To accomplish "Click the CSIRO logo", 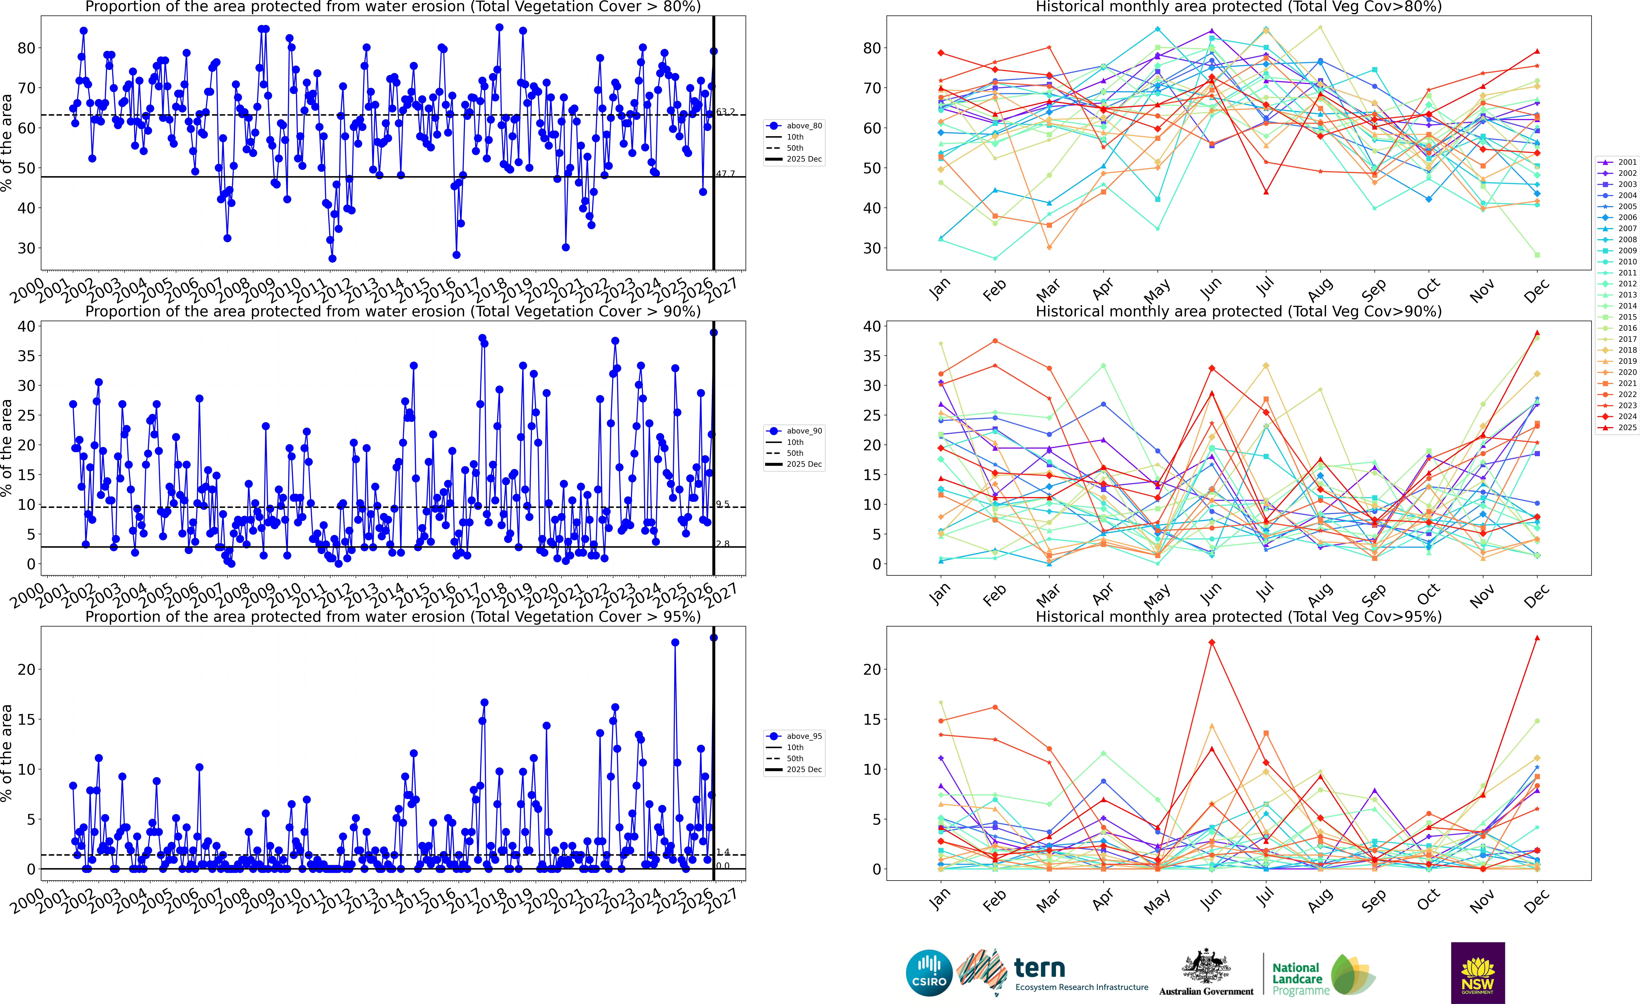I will tap(929, 973).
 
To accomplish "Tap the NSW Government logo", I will tap(1478, 973).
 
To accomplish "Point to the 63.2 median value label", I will tap(726, 112).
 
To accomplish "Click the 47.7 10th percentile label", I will tap(726, 174).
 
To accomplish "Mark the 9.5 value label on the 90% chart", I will tap(723, 504).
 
